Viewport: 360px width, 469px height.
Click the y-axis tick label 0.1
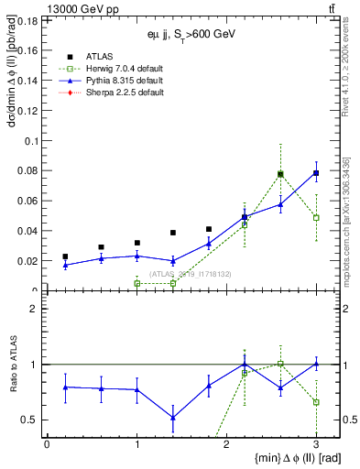click(30, 140)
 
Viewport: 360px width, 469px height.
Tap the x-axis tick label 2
click(226, 444)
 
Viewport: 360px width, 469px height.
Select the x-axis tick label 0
click(47, 444)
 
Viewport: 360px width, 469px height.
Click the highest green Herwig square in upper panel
click(280, 174)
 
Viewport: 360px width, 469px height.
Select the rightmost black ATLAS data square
click(316, 173)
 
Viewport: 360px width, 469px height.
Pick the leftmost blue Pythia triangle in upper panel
click(65, 265)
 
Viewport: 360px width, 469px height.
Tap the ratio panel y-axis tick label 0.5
click(30, 420)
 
